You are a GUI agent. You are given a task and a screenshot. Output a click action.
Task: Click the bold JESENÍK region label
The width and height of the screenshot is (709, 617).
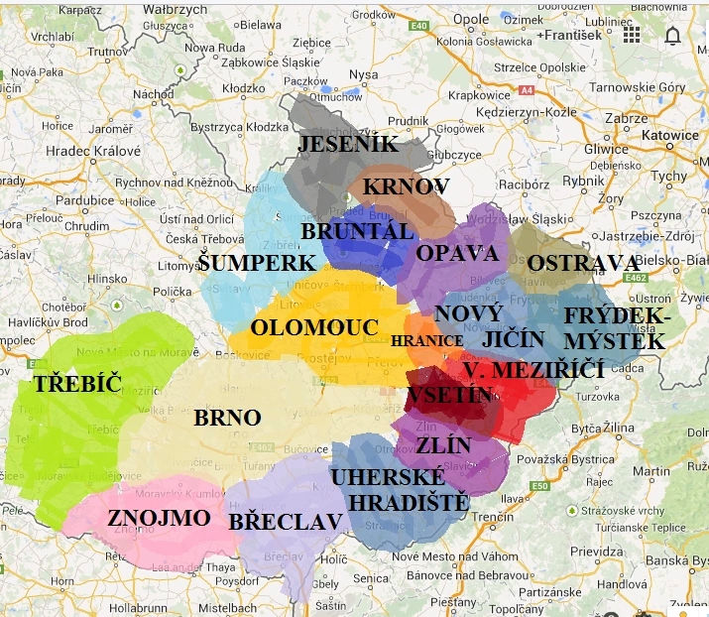point(348,145)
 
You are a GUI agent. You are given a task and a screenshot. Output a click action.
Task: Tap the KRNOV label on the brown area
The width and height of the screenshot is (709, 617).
point(406,186)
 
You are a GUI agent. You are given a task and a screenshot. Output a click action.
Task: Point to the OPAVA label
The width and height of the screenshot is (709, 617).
point(457,253)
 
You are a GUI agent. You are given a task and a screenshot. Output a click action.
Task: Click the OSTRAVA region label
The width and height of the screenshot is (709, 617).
point(583,264)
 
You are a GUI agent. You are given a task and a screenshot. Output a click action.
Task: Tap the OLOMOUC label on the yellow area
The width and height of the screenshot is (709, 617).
point(314,327)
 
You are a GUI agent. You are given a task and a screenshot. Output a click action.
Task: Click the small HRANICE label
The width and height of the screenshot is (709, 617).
point(426,340)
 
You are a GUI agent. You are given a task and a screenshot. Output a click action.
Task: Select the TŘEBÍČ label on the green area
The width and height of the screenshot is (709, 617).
point(77,385)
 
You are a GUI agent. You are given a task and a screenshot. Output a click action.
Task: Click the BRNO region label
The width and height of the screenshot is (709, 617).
point(227,418)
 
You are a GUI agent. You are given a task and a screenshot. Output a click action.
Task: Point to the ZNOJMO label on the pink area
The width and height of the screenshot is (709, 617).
point(159,518)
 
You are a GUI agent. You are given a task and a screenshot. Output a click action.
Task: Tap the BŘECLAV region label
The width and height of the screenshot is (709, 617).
point(286,522)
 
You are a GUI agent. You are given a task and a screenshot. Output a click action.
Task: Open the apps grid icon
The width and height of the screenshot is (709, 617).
point(632,36)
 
